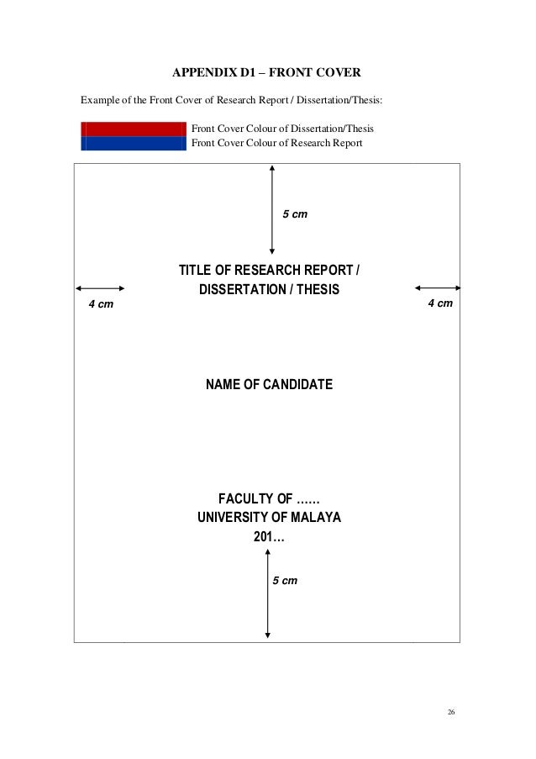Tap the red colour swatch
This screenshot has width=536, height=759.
pyautogui.click(x=132, y=129)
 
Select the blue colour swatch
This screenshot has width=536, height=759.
pyautogui.click(x=132, y=143)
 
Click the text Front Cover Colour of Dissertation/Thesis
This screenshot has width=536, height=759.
pyautogui.click(x=283, y=129)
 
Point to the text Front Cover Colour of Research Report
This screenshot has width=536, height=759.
pyautogui.click(x=277, y=143)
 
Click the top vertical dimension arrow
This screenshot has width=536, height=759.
pyautogui.click(x=271, y=209)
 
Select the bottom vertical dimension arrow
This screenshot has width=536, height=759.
pyautogui.click(x=268, y=593)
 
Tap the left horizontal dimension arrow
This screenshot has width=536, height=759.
pyautogui.click(x=100, y=287)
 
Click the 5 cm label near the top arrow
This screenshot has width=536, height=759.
pyautogui.click(x=294, y=215)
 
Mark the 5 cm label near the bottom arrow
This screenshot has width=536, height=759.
pyautogui.click(x=283, y=581)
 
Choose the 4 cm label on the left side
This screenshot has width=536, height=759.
pyautogui.click(x=101, y=303)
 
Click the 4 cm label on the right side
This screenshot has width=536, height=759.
pyautogui.click(x=440, y=302)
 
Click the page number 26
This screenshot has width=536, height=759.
pyautogui.click(x=450, y=713)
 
